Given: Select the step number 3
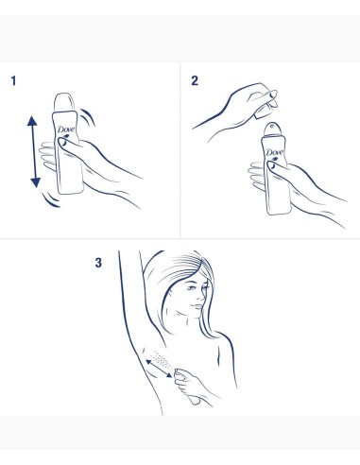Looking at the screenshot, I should pyautogui.click(x=98, y=264).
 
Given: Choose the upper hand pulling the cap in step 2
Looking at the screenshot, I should pyautogui.click(x=231, y=100).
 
